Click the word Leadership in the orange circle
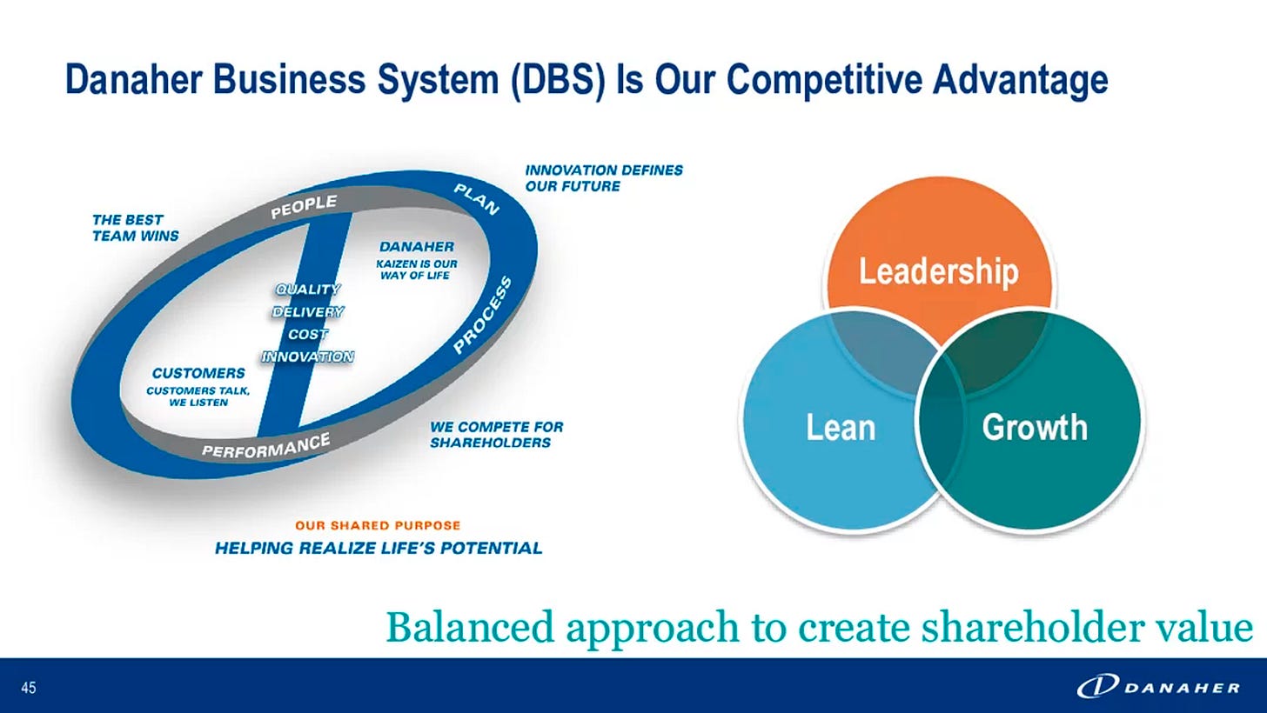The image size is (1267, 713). [x=938, y=271]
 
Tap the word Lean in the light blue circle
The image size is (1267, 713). [x=840, y=428]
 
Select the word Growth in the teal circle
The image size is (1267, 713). [x=1034, y=428]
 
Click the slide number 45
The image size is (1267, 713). [x=29, y=689]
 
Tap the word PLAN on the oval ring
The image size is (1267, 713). [x=477, y=198]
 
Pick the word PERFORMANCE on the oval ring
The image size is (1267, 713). [x=265, y=444]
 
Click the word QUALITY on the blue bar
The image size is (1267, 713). [x=308, y=290]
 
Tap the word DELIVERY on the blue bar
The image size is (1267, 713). [x=308, y=311]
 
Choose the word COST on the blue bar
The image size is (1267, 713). [x=308, y=334]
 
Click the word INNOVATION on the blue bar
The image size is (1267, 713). [x=308, y=356]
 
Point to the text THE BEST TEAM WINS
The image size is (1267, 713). [x=135, y=228]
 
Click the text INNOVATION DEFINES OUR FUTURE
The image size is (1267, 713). [x=604, y=178]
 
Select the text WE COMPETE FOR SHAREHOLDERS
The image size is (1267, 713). [x=496, y=435]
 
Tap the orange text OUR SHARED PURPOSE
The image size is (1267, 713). [x=378, y=526]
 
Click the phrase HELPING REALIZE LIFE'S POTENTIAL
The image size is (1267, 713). [x=379, y=548]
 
